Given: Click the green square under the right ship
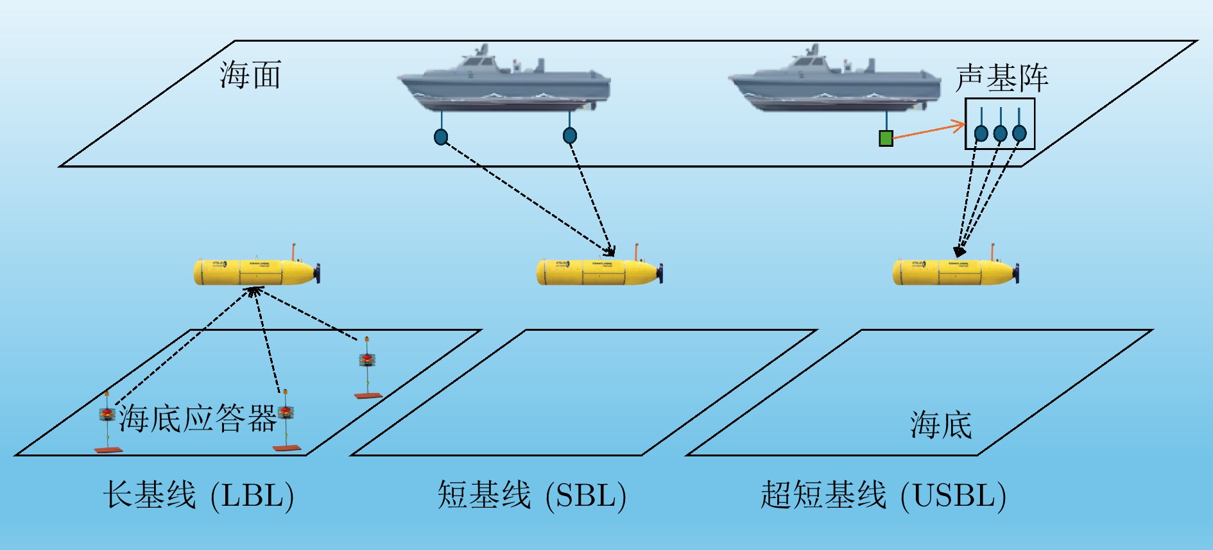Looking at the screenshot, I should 886,138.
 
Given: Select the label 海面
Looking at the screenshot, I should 250,75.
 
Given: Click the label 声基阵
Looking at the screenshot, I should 1001,78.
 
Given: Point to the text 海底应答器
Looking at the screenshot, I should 197,419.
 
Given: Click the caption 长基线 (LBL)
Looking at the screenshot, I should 198,496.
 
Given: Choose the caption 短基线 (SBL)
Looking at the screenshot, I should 531,496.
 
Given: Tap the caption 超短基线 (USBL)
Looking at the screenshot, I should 883,496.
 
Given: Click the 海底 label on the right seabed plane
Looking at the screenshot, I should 941,425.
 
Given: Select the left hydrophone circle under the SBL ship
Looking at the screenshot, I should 441,137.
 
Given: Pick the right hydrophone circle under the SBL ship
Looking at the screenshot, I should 569,135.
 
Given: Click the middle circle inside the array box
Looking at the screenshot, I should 1000,133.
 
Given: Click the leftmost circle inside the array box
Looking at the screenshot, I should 981,133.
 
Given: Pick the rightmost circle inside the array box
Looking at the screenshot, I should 1019,133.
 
